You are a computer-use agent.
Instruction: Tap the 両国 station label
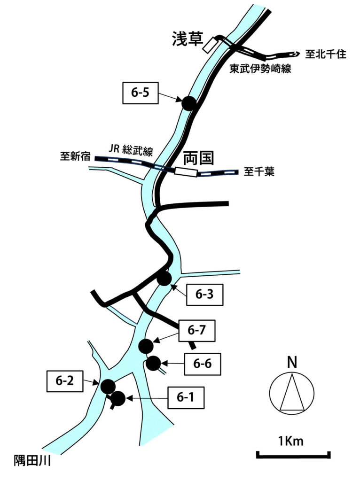[x=198, y=157]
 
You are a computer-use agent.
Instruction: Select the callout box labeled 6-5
[x=140, y=93]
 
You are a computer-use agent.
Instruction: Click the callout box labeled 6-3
[x=204, y=295]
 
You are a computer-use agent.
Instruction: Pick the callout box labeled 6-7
[x=197, y=330]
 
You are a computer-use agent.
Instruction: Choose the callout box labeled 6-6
[x=202, y=363]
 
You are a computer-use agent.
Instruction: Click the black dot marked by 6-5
[x=189, y=103]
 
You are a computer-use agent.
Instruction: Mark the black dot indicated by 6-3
[x=164, y=278]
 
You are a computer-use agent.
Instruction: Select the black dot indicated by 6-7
[x=146, y=346]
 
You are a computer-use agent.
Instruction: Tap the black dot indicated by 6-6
[x=153, y=363]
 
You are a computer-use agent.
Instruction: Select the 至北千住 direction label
[x=326, y=54]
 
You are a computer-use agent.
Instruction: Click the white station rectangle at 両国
[x=186, y=172]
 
